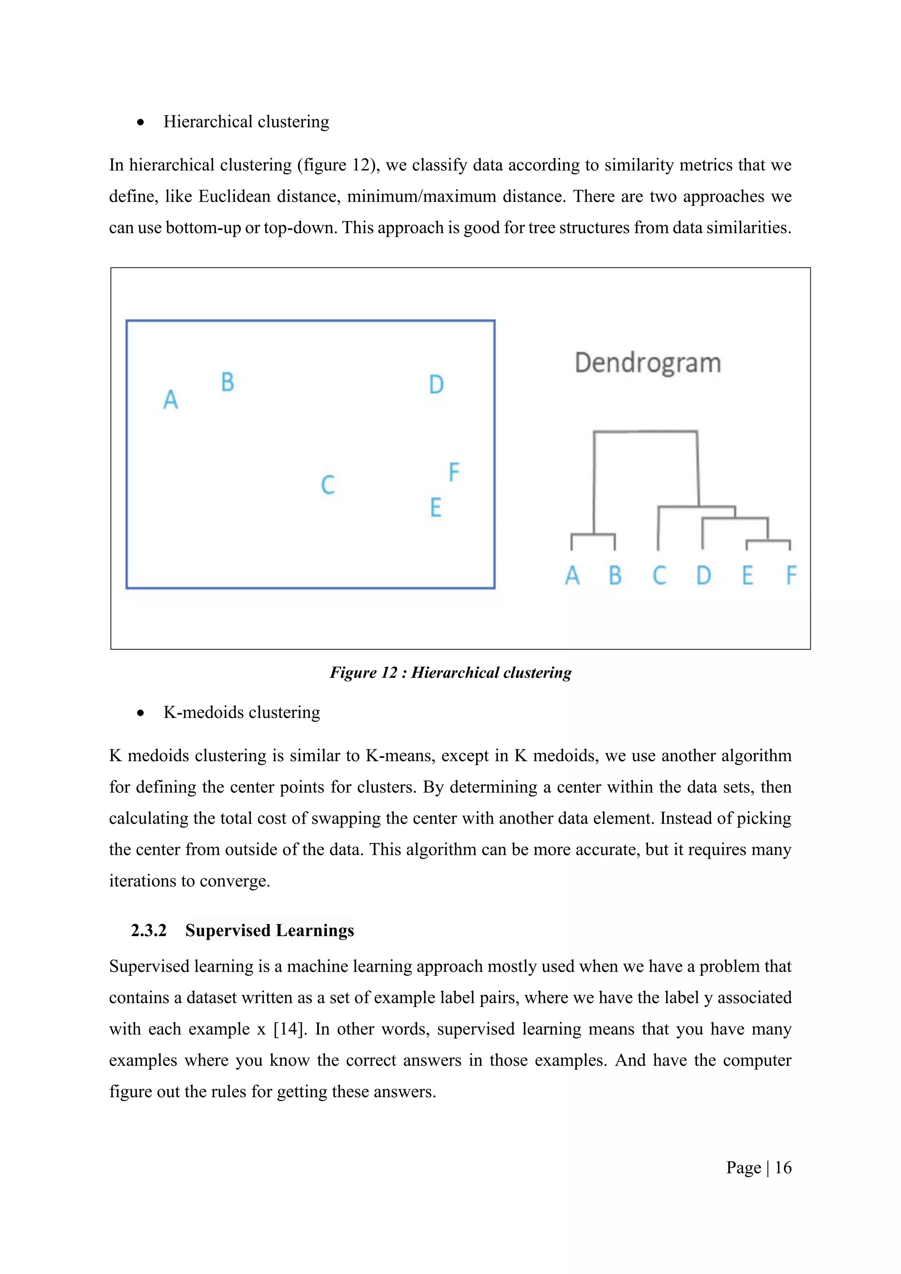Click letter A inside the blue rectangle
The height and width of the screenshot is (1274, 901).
pos(170,399)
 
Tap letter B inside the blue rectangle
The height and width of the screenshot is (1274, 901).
pos(227,382)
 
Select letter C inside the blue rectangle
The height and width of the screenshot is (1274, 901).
pos(328,484)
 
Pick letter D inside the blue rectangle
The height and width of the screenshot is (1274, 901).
pos(436,384)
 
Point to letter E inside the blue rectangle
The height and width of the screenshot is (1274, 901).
pos(436,508)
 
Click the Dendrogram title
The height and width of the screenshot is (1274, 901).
pos(648,363)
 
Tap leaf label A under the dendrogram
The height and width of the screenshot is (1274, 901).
pos(572,575)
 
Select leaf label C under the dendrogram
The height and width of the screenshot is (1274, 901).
pos(659,575)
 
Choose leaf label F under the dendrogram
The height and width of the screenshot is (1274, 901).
pos(791,575)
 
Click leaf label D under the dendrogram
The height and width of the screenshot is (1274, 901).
pos(703,575)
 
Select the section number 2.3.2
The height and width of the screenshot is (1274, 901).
pos(149,930)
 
